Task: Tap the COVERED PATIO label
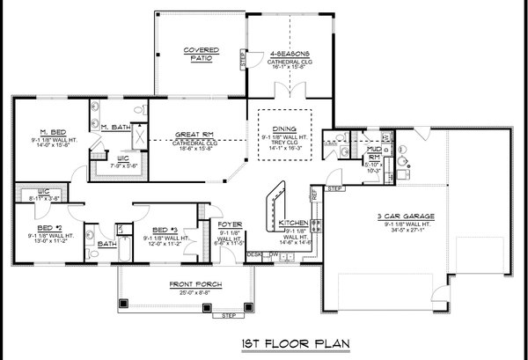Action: point(201,54)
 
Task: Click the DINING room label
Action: point(284,129)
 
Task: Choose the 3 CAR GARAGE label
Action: point(404,216)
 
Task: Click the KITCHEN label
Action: point(292,224)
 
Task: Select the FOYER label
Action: point(230,225)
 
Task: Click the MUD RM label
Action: point(373,151)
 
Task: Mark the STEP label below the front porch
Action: point(230,315)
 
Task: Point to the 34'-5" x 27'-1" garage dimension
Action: point(404,231)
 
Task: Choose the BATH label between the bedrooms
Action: point(107,245)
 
